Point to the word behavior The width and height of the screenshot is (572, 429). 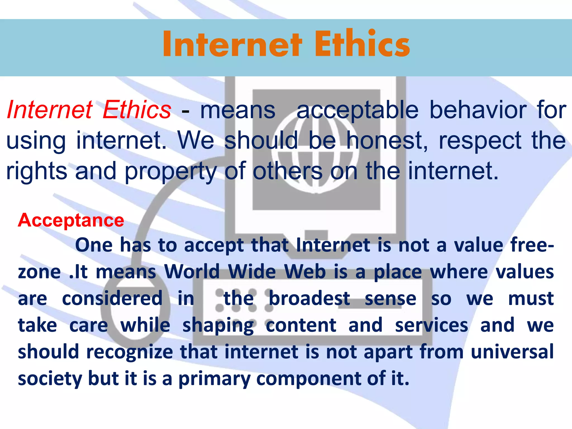(478, 110)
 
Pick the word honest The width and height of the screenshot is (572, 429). (387, 140)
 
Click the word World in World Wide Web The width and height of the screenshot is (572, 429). (192, 271)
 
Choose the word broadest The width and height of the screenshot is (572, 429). (309, 298)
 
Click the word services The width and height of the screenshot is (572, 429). (432, 325)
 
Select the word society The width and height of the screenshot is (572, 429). (50, 378)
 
